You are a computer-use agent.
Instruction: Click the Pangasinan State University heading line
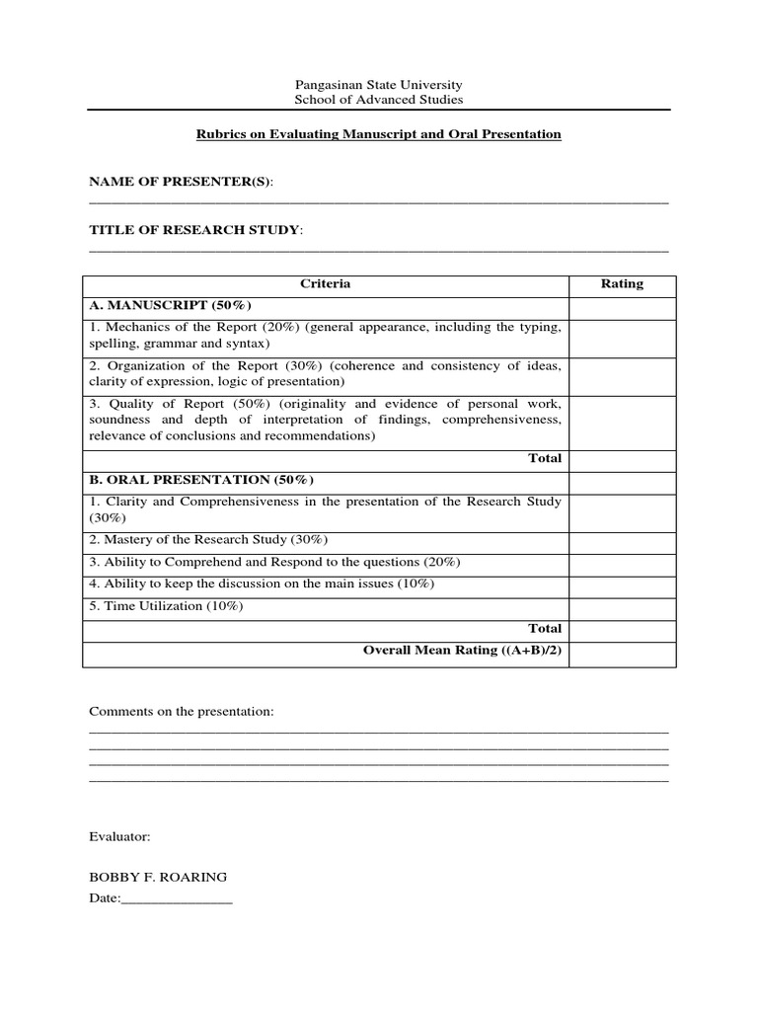click(379, 85)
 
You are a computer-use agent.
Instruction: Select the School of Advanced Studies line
click(379, 100)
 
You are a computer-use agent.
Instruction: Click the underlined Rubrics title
click(379, 133)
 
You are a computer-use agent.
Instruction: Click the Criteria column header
click(325, 284)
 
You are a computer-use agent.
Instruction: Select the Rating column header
click(622, 284)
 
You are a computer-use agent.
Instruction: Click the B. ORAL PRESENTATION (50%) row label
click(201, 481)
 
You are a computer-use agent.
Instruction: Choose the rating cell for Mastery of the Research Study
click(622, 540)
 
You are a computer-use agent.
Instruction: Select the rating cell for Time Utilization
click(622, 606)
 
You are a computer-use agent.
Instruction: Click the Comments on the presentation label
click(181, 711)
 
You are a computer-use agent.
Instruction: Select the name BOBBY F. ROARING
click(158, 877)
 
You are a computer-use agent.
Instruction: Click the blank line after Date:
click(176, 898)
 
